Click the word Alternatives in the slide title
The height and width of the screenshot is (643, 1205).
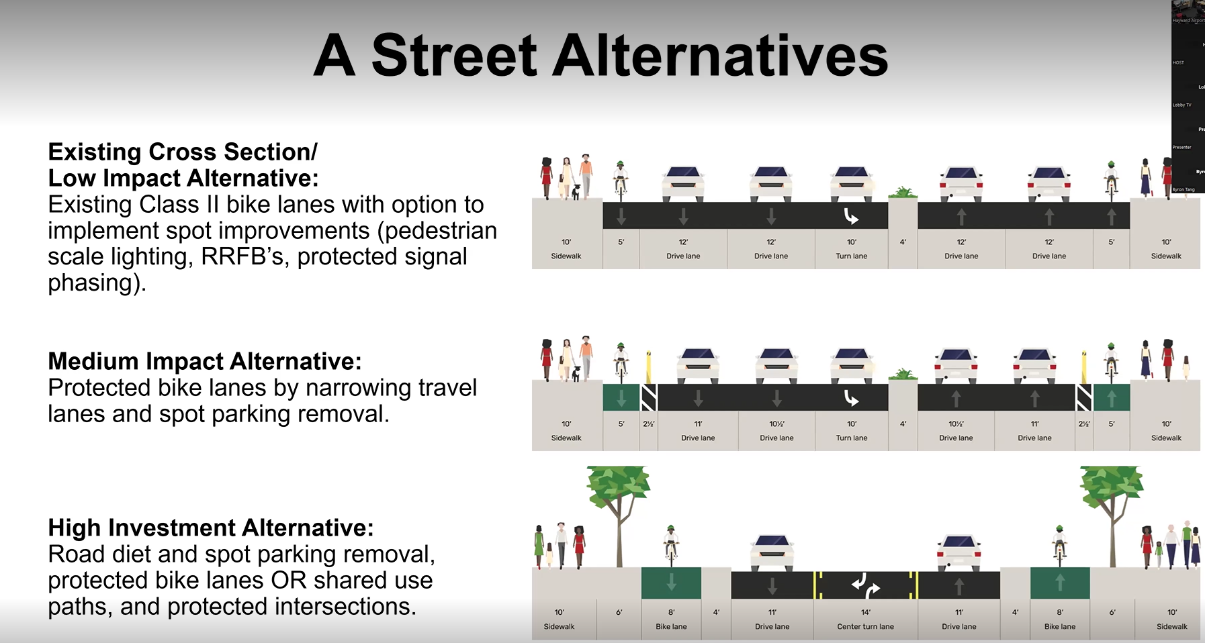tap(720, 56)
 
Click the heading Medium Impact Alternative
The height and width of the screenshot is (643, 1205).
tap(205, 361)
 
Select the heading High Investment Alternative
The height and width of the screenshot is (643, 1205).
tap(211, 528)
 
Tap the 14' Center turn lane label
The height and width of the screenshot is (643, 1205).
tap(865, 619)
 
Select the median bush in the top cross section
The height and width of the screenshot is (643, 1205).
tap(903, 193)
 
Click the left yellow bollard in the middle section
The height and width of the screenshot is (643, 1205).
tap(649, 366)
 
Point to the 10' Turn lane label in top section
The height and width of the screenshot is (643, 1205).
tap(852, 249)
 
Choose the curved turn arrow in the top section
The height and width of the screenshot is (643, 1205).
tap(851, 216)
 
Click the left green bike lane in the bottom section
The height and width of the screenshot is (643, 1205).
tap(671, 583)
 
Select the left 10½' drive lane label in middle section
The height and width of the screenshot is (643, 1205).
tap(776, 431)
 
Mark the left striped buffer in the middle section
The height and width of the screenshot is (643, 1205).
tap(649, 397)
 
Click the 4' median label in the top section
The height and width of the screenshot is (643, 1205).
tap(903, 242)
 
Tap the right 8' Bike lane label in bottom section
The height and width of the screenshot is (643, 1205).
tap(1060, 619)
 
